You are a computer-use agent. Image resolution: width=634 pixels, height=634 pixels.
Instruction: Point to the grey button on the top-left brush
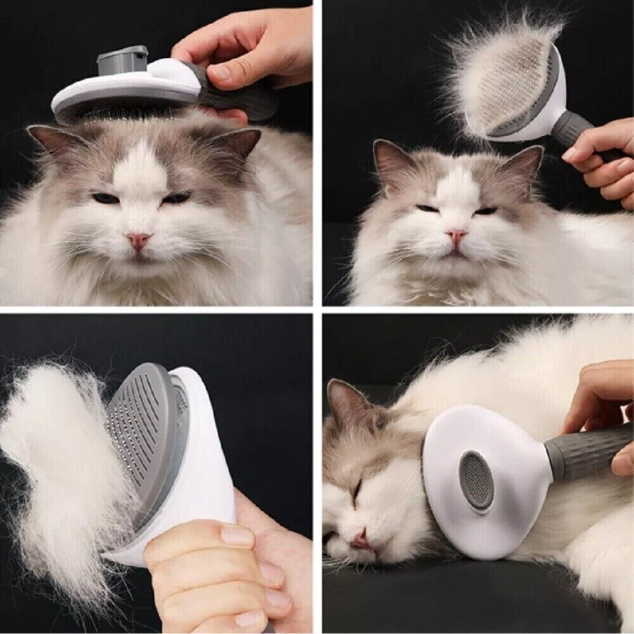point(122,60)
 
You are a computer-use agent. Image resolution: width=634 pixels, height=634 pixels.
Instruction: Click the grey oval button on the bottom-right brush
point(476,480)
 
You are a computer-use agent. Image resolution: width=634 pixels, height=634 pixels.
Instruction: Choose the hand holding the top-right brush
point(602,164)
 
